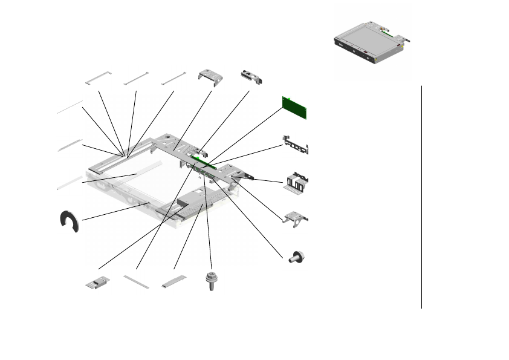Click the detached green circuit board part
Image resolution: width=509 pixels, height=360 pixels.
pyautogui.click(x=295, y=107)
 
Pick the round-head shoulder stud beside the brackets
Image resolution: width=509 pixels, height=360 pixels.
pyautogui.click(x=297, y=257)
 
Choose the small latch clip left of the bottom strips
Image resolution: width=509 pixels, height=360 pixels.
pyautogui.click(x=97, y=283)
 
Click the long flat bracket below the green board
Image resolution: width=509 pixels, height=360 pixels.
pyautogui.click(x=296, y=146)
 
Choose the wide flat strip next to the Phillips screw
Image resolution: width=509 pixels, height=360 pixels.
pyautogui.click(x=175, y=282)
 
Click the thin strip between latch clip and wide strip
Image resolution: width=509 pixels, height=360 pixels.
pyautogui.click(x=136, y=282)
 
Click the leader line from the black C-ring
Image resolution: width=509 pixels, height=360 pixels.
pyautogui.click(x=115, y=211)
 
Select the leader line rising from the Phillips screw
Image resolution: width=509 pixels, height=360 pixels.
pyautogui.click(x=209, y=230)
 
